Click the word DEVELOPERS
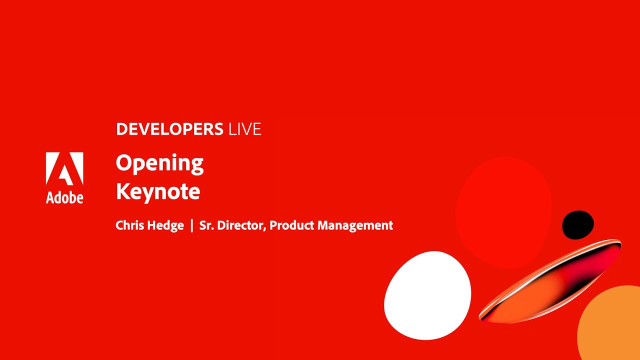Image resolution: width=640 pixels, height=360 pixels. [169, 129]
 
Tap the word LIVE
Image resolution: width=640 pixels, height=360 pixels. [244, 129]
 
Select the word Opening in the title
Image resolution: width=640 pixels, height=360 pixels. [159, 164]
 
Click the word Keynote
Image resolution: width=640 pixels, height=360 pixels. [158, 191]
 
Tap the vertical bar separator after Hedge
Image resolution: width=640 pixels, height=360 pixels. [191, 225]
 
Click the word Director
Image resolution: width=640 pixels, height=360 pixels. [241, 225]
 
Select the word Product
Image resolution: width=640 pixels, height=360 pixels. [291, 225]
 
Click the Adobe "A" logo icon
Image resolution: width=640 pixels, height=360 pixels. [64, 169]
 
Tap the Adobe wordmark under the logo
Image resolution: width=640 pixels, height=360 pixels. [64, 197]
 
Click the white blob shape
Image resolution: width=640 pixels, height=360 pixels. [427, 295]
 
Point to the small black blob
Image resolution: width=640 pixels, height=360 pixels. [578, 225]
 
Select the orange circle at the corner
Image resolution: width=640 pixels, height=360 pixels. [612, 325]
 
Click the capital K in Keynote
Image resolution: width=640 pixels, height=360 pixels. [122, 191]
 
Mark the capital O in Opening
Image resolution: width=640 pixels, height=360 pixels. [123, 163]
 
